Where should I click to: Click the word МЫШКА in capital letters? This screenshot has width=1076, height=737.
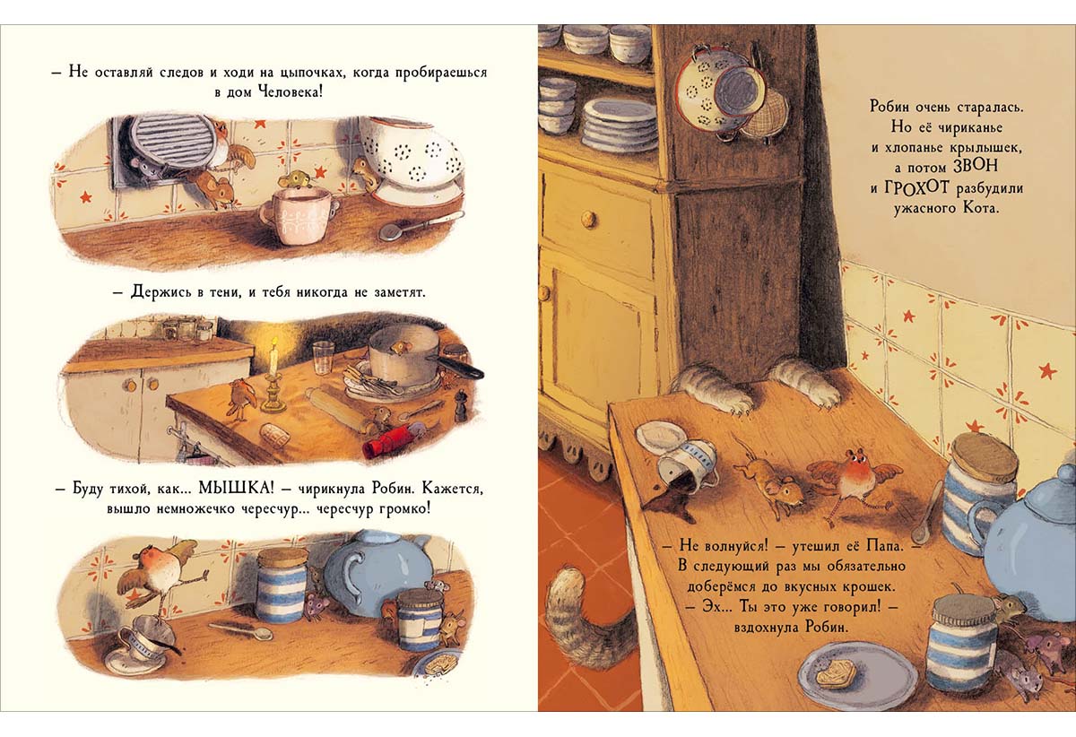pyautogui.click(x=236, y=489)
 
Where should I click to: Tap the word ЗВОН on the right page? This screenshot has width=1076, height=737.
pyautogui.click(x=976, y=166)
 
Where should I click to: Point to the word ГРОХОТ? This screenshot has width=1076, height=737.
pyautogui.click(x=917, y=188)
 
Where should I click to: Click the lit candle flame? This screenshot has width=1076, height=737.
pyautogui.click(x=274, y=343)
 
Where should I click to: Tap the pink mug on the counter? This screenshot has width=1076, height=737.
pyautogui.click(x=299, y=215)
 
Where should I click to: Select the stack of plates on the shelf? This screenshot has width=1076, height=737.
pyautogui.click(x=620, y=123)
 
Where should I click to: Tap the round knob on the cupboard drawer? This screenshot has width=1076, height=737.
pyautogui.click(x=588, y=219)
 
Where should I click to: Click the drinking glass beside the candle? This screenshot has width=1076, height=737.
pyautogui.click(x=323, y=357)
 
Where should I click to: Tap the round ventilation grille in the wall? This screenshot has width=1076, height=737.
pyautogui.click(x=169, y=142)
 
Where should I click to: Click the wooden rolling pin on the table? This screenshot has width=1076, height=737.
pyautogui.click(x=339, y=412)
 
